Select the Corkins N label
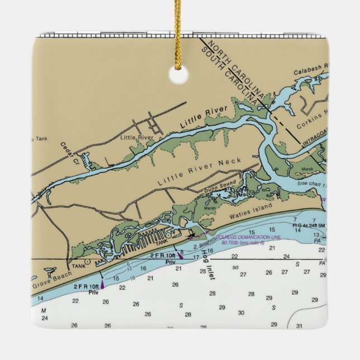point(311,121)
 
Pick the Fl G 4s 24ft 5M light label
point(309,225)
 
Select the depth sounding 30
point(241,313)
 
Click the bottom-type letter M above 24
point(43,310)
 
